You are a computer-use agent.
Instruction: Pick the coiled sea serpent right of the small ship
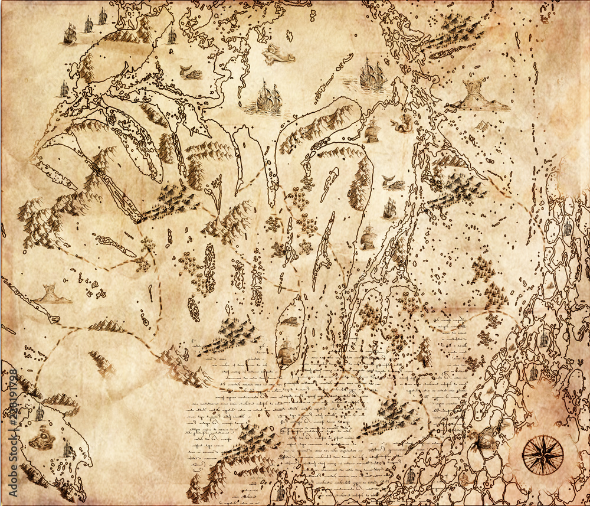[x=402, y=125]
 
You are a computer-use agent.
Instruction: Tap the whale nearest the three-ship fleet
[x=190, y=73]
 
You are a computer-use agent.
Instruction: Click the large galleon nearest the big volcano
[x=372, y=74]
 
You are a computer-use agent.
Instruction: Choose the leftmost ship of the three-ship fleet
[x=70, y=34]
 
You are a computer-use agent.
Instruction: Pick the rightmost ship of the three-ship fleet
[x=102, y=17]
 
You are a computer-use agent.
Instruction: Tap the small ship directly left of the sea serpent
[x=372, y=131]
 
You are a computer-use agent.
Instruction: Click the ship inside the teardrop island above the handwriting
[x=286, y=353]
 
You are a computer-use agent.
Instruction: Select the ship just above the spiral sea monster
[x=40, y=413]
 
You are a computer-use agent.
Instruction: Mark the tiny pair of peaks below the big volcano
[x=483, y=125]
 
